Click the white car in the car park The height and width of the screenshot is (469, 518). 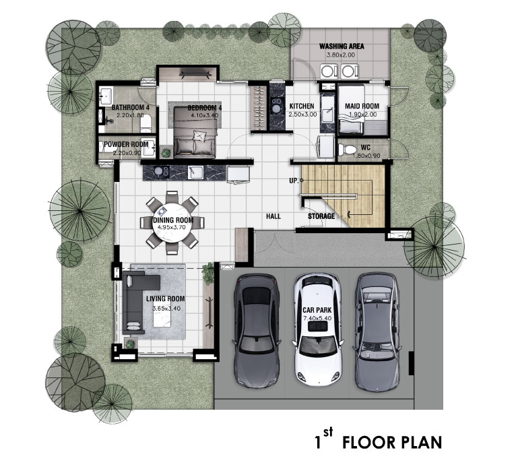[318, 330]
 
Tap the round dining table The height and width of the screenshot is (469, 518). [172, 223]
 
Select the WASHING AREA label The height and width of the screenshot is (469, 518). [342, 46]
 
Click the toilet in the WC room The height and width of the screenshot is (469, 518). [346, 150]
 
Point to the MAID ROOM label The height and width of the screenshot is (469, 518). [362, 106]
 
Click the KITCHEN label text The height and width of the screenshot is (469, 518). [302, 106]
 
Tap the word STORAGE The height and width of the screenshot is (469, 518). [321, 216]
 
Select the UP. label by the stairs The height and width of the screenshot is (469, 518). [294, 181]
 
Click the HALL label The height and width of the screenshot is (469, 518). [273, 216]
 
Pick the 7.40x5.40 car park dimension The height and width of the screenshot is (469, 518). [317, 318]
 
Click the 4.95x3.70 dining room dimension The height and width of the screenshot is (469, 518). [172, 227]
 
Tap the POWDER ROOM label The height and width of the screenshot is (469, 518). [126, 144]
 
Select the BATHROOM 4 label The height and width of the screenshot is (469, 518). [130, 107]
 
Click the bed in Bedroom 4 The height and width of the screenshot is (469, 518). [195, 131]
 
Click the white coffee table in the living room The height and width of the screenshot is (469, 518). [162, 315]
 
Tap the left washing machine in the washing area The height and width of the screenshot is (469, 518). [328, 71]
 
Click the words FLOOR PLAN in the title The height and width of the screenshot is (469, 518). [392, 443]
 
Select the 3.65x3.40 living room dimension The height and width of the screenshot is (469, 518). [166, 309]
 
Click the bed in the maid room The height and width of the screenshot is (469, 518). [352, 110]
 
